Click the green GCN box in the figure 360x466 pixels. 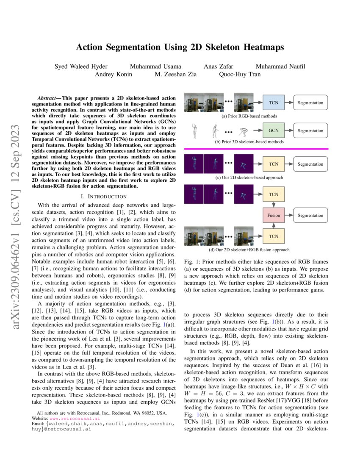pyautogui.click(x=274, y=130)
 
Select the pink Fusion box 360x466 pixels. pyautogui.click(x=274, y=215)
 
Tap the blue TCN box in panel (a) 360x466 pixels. pyautogui.click(x=274, y=103)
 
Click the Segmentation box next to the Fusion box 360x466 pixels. pyautogui.click(x=310, y=215)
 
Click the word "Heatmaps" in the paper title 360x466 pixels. pyautogui.click(x=263, y=47)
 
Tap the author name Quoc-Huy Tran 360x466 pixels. pyautogui.click(x=240, y=74)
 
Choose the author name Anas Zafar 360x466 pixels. pyautogui.click(x=219, y=66)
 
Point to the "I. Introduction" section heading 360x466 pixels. pyautogui.click(x=103, y=196)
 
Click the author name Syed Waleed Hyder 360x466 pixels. pyautogui.click(x=81, y=66)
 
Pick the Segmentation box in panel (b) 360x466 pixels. pyautogui.click(x=310, y=130)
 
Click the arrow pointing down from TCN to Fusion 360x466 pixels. pyautogui.click(x=274, y=205)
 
